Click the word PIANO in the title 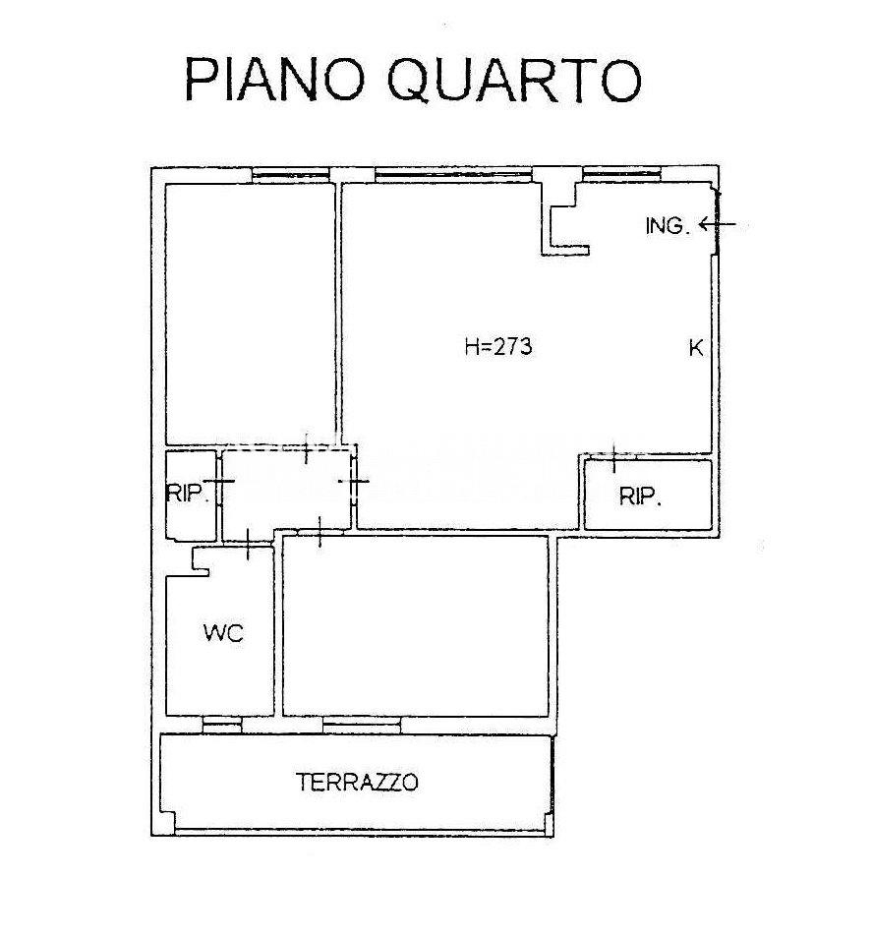pos(274,80)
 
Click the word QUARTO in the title pos(514,81)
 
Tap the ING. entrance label pos(668,226)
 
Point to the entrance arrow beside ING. pos(718,224)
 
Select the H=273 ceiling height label pos(497,346)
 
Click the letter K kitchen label pos(696,348)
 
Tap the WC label pos(224,633)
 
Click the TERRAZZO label pos(357,782)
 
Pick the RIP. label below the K pos(640,497)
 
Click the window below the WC pos(222,725)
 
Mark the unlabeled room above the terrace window pos(416,625)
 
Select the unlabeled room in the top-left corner pos(250,314)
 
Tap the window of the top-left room pos(291,175)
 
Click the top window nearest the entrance pos(621,174)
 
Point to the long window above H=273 pos(453,175)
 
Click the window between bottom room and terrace pos(362,725)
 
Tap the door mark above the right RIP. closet pos(614,458)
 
